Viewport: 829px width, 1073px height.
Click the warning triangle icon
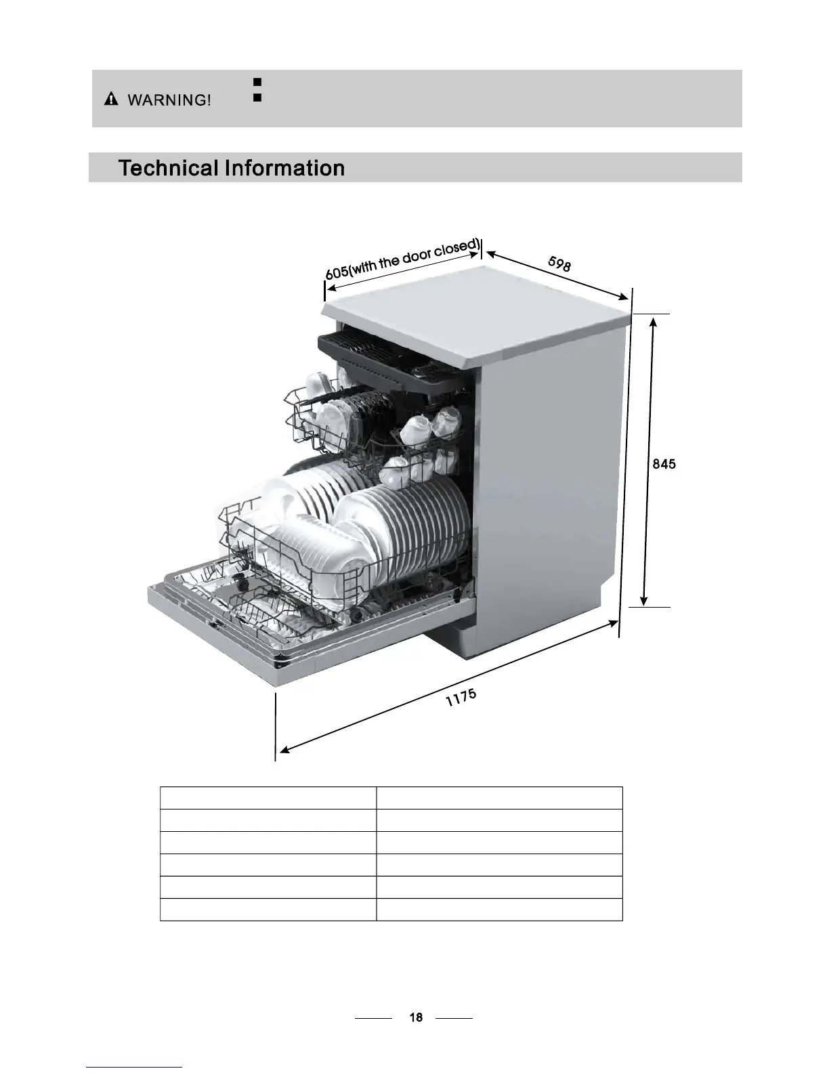pos(110,100)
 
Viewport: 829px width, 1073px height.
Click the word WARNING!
pos(169,101)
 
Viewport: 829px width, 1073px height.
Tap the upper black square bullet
pos(257,82)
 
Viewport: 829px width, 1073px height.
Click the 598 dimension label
pos(559,264)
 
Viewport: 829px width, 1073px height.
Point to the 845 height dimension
pos(664,464)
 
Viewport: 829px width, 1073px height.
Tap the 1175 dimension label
pos(461,697)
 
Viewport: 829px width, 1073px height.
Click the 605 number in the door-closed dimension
pos(337,272)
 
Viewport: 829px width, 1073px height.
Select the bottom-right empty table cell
pos(499,910)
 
